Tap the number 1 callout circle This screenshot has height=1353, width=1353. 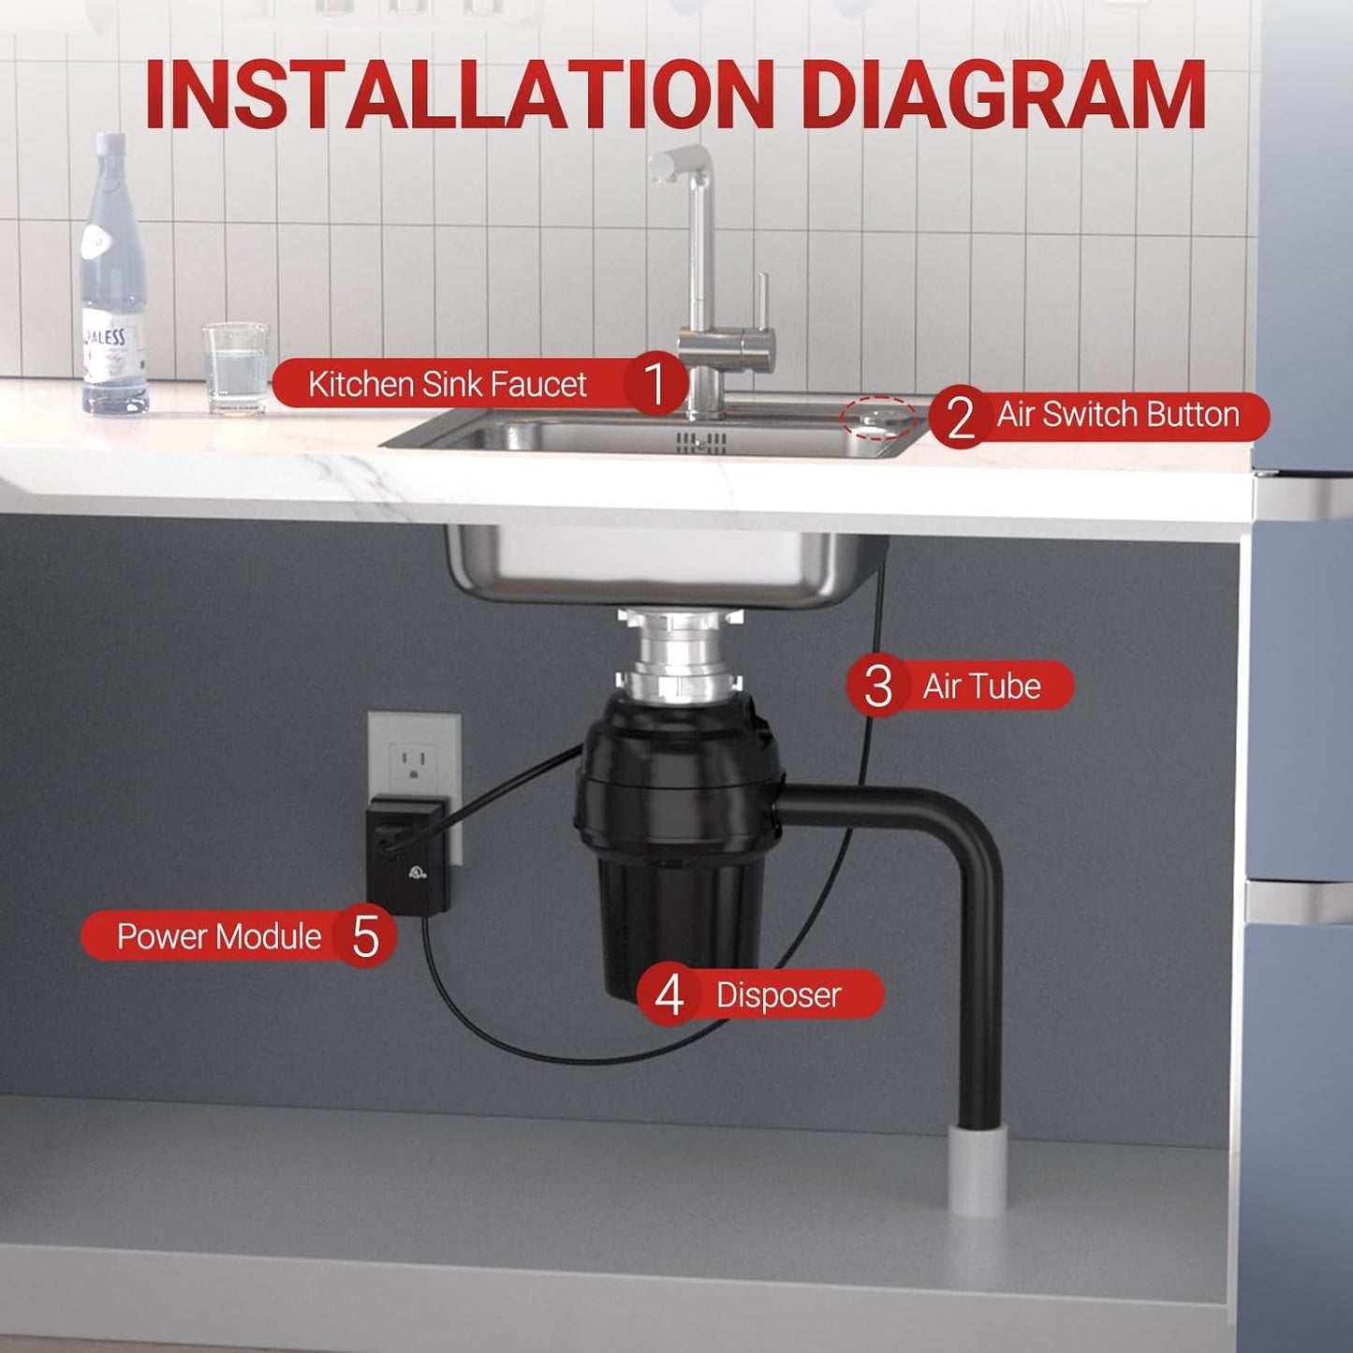point(655,383)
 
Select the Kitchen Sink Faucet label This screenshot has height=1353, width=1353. point(447,384)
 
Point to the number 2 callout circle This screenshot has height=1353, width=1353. point(960,417)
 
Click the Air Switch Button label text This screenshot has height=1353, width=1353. point(1117,415)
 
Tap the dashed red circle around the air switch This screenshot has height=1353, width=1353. point(877,417)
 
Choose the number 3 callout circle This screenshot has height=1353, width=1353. point(878,686)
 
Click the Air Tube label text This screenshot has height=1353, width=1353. point(981,686)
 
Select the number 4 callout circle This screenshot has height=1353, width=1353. point(669,994)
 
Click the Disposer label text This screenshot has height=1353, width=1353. point(778,994)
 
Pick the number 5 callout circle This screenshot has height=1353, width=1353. point(365,936)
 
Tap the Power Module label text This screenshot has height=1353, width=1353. point(218,936)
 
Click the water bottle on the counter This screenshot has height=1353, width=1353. point(113,281)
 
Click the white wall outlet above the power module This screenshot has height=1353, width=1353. point(414,754)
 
